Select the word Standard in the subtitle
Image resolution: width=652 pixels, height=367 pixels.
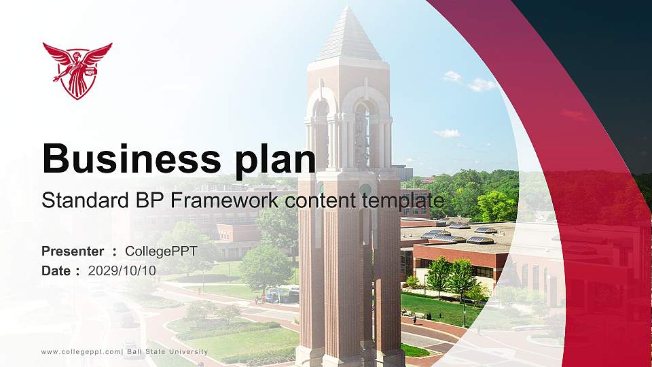pos(77,201)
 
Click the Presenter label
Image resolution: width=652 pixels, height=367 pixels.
pos(73,251)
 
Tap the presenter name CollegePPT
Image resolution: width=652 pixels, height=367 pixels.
pos(161,251)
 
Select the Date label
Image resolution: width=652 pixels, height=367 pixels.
pos(56,270)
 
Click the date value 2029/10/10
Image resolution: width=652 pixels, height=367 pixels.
pos(122,270)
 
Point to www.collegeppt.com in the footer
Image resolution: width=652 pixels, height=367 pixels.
pos(80,352)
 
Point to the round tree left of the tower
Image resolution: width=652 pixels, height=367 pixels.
pos(265,266)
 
